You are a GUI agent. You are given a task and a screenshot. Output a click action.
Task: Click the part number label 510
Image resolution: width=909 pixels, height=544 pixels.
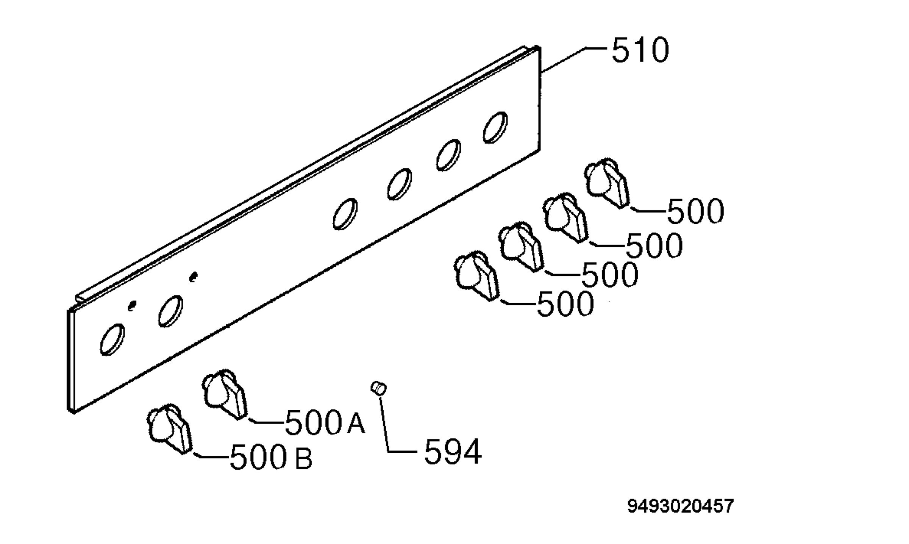point(640,50)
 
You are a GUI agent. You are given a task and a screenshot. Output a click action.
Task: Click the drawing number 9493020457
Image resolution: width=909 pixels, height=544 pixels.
point(680,506)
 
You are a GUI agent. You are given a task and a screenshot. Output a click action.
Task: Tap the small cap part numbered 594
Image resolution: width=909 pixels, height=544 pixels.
point(378,388)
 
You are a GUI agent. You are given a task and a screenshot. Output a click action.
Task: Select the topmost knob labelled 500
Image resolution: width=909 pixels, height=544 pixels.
point(607,183)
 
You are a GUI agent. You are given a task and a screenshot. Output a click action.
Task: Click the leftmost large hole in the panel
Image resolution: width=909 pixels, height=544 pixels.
point(112,340)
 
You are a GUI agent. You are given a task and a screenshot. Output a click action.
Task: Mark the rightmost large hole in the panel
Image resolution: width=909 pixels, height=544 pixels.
point(495,128)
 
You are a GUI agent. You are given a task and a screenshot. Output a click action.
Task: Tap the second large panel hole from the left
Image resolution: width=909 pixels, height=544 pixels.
point(170,311)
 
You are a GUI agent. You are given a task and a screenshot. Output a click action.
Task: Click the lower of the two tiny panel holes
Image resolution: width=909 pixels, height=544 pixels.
point(132,306)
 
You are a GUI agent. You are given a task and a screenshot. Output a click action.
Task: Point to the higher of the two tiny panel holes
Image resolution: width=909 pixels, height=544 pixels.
point(193,277)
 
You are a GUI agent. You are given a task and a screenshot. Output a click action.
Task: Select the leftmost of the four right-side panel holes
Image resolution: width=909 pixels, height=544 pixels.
point(345,214)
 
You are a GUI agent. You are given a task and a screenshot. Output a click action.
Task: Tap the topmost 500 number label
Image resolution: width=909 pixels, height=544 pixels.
point(695,211)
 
